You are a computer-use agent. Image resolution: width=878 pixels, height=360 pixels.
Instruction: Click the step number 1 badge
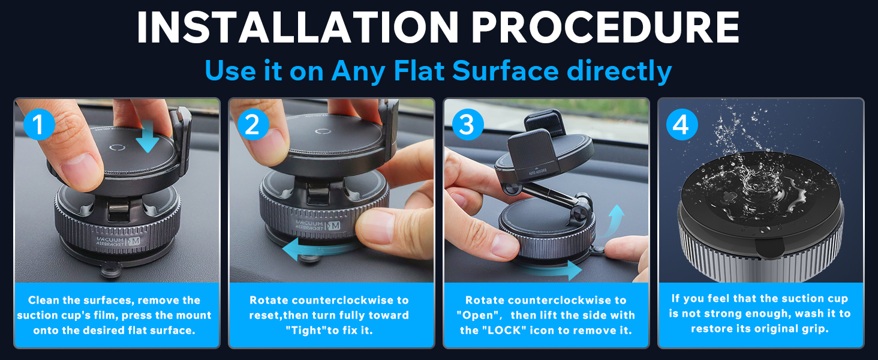(x=39, y=125)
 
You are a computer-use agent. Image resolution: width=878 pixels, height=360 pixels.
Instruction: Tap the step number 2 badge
(x=252, y=125)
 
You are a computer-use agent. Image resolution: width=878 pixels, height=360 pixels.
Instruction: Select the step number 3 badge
(x=467, y=125)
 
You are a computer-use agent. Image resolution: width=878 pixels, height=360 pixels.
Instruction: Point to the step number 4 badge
(x=681, y=125)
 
